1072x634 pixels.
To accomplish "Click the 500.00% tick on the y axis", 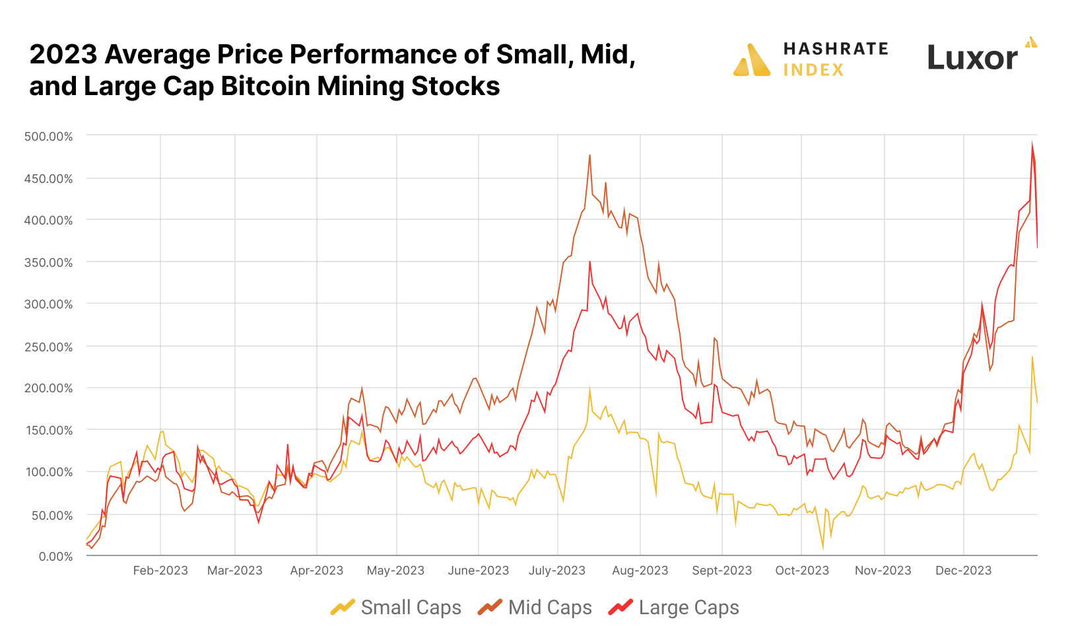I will pos(48,137).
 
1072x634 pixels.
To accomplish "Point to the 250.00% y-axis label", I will pos(48,347).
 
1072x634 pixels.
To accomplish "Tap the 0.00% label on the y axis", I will pos(55,557).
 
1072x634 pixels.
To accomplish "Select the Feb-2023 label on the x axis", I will pos(160,571).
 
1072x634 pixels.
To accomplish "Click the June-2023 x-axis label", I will pos(479,571).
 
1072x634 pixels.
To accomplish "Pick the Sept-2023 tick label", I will pos(721,571).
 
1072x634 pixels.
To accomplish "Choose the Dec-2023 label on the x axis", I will pos(963,571).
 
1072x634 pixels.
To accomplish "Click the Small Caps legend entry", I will pos(411,608).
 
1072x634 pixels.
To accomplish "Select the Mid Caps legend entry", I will pos(549,608).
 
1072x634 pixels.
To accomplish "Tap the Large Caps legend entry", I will pos(688,608).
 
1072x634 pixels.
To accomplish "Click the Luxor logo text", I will pos(972,58).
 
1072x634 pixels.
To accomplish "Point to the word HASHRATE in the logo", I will pos(836,49).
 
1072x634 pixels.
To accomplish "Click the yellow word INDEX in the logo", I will pos(813,70).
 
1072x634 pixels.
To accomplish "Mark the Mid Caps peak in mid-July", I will pos(589,155).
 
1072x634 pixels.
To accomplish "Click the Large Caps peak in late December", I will pos(1032,143).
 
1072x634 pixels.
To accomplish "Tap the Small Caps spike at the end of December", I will pos(1032,357).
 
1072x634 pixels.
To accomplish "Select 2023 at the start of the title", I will pos(63,54).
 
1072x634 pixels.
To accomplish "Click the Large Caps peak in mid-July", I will pos(589,262).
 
